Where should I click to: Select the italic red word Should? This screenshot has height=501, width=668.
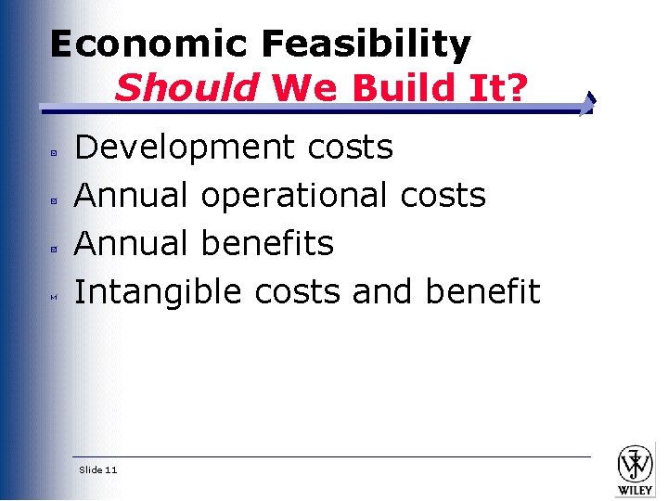[186, 88]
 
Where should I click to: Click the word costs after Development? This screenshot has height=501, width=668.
[347, 147]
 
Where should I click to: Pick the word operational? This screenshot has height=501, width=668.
[295, 195]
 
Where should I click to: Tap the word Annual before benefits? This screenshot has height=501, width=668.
[133, 243]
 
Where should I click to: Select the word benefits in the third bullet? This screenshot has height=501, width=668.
[267, 243]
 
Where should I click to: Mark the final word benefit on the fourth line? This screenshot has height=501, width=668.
[482, 291]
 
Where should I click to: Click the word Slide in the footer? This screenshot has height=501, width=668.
[90, 470]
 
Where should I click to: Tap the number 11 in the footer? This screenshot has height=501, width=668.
[111, 470]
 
